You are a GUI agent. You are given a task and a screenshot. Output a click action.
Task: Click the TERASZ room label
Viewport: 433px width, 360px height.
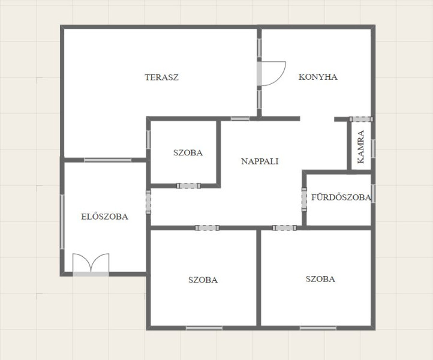pyautogui.click(x=161, y=77)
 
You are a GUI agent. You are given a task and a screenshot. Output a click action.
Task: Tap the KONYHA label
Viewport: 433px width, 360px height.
pyautogui.click(x=318, y=77)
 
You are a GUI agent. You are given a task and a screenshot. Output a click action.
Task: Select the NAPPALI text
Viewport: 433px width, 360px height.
pyautogui.click(x=260, y=161)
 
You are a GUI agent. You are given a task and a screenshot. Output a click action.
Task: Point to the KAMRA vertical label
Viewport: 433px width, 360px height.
pyautogui.click(x=360, y=147)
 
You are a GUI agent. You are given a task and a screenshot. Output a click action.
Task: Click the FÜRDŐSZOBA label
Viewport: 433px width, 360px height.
pyautogui.click(x=341, y=197)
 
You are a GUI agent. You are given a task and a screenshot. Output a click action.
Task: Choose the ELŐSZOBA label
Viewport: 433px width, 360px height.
pyautogui.click(x=105, y=217)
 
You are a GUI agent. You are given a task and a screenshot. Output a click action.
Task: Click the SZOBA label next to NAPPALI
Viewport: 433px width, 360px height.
pyautogui.click(x=188, y=152)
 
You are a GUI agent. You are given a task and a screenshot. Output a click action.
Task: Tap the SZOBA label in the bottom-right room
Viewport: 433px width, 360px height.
pyautogui.click(x=320, y=279)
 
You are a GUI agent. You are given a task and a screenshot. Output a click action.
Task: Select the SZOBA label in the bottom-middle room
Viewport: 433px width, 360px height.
pyautogui.click(x=203, y=280)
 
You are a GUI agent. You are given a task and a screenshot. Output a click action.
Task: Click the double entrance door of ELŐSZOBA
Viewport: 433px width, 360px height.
pyautogui.click(x=91, y=265)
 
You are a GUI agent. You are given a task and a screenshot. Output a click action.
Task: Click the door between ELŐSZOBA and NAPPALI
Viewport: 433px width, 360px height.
pyautogui.click(x=148, y=202)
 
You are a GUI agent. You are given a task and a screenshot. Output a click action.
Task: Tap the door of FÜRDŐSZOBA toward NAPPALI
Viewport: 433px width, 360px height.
pyautogui.click(x=304, y=199)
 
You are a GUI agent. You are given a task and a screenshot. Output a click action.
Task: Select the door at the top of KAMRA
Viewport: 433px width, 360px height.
pyautogui.click(x=361, y=119)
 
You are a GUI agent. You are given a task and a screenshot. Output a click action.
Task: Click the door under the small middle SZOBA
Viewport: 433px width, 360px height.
pyautogui.click(x=188, y=185)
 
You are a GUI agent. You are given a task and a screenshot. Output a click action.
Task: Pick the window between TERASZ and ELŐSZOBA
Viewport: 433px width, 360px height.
pyautogui.click(x=108, y=160)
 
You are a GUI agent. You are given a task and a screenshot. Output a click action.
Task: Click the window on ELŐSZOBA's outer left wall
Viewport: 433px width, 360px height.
pyautogui.click(x=62, y=222)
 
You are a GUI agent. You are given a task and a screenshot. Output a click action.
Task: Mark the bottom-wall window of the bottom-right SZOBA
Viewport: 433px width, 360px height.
pyautogui.click(x=318, y=328)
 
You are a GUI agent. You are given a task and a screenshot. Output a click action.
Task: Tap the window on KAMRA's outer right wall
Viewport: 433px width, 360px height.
pyautogui.click(x=373, y=149)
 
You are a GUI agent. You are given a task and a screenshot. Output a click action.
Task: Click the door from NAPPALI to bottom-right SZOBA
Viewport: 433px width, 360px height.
pyautogui.click(x=284, y=227)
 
